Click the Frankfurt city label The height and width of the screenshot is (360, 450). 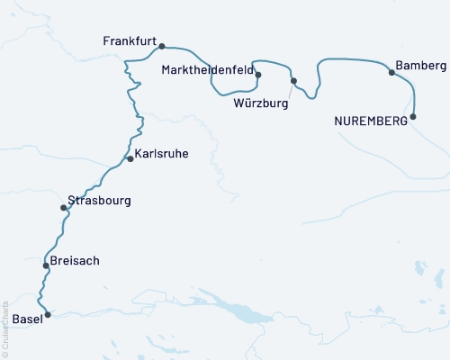click(130, 42)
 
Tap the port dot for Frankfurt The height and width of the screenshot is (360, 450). click(162, 45)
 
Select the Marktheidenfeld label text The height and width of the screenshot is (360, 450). click(206, 69)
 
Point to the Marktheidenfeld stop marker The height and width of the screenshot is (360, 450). click(258, 75)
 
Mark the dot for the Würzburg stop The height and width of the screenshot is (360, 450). click(293, 81)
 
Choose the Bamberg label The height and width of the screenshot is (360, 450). click(420, 67)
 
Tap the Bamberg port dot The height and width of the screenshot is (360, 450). click(391, 72)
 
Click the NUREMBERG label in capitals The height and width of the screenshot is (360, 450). click(371, 121)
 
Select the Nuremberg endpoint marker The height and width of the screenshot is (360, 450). click(413, 117)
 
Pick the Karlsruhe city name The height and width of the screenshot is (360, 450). click(162, 154)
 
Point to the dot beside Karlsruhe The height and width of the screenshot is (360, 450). click(130, 158)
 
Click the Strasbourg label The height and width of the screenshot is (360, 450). click(99, 201)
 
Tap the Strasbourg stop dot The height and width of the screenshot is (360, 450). click(63, 208)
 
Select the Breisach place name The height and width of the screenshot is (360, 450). click(76, 261)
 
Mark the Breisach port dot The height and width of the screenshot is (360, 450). click(46, 265)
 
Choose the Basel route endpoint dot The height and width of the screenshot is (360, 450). click(49, 315)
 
